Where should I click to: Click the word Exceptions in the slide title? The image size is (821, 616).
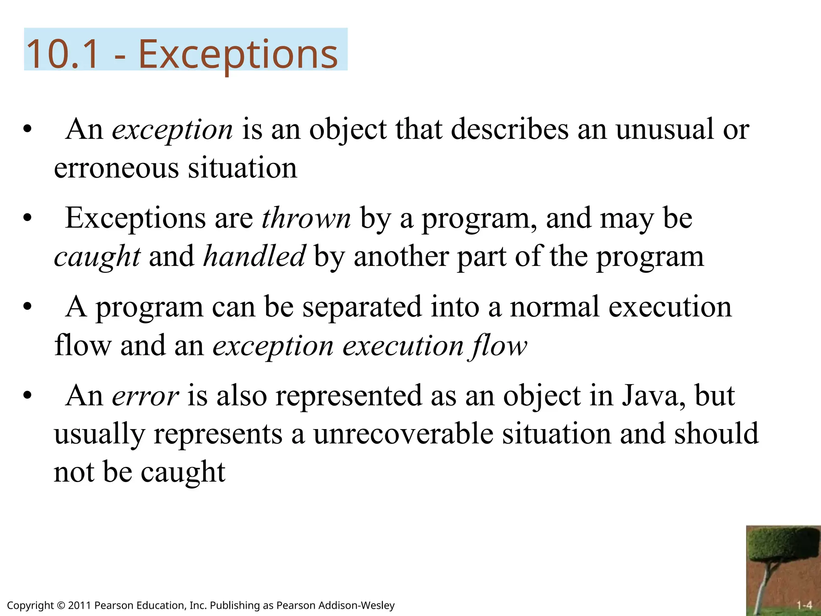coord(238,54)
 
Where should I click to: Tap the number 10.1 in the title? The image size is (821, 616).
coord(62,54)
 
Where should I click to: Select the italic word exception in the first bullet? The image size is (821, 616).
coord(172,130)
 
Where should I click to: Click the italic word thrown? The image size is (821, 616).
coord(306,219)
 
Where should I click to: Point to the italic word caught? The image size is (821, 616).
coord(97,257)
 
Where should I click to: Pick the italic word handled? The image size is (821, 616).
coord(254,256)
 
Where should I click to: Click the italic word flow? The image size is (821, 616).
coord(499,346)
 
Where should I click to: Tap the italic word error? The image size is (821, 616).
coord(145,396)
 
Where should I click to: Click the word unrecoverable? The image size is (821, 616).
coord(403,434)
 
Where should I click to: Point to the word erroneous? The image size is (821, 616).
coord(116,168)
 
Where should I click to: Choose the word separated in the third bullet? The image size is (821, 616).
coord(362,307)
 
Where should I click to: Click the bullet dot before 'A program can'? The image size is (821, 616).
coord(27,308)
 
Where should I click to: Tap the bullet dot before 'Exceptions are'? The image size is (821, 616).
coord(27,219)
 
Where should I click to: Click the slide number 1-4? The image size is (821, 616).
coord(804,605)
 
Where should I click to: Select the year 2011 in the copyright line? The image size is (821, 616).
coord(79,605)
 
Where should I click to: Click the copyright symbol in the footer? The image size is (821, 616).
coord(61,606)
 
